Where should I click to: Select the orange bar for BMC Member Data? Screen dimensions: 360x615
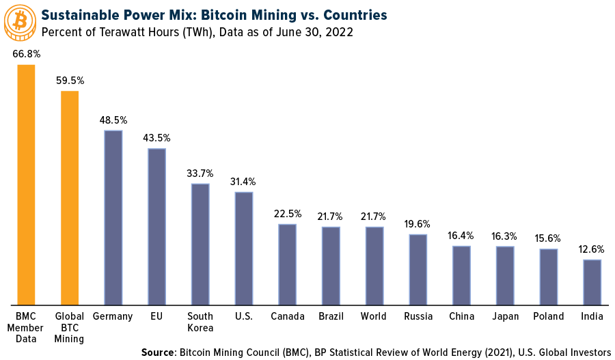click(26, 184)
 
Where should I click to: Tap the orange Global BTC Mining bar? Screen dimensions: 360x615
click(70, 197)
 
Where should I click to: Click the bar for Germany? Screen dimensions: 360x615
click(113, 217)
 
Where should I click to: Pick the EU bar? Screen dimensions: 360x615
click(156, 226)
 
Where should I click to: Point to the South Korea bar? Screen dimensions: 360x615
click(200, 244)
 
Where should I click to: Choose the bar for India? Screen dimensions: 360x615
click(592, 281)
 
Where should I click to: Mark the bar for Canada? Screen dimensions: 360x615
click(287, 264)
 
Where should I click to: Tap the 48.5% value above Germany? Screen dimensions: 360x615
click(113, 120)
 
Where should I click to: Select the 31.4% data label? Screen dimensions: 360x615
click(244, 181)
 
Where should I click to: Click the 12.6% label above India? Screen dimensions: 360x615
click(592, 249)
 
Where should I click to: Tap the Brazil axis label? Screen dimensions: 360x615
click(331, 316)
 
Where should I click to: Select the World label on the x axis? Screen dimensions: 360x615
click(374, 316)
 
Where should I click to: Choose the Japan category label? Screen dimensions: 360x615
click(505, 316)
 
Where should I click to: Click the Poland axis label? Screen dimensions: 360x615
click(549, 316)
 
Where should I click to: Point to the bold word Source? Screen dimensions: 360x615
click(158, 352)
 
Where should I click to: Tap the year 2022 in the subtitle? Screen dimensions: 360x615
click(340, 32)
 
